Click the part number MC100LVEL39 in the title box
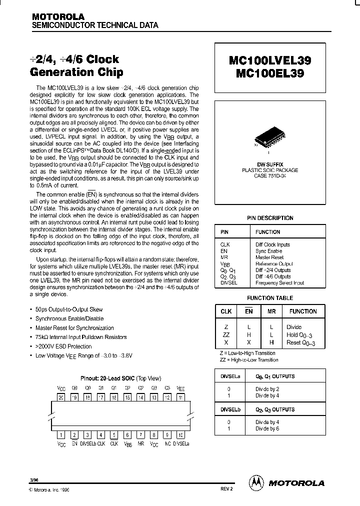tap(270, 61)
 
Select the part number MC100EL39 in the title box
tap(270, 73)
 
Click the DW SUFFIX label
tap(270, 164)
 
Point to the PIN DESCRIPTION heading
tap(270, 218)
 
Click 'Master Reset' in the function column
tap(269, 257)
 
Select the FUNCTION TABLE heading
tap(270, 298)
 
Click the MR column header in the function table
tap(272, 311)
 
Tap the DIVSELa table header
tap(231, 376)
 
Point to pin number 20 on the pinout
tap(61, 397)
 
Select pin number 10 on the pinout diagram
tap(181, 435)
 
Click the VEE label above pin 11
tap(181, 388)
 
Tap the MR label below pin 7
tap(141, 443)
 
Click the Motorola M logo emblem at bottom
tap(256, 482)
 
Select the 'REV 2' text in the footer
tap(226, 489)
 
